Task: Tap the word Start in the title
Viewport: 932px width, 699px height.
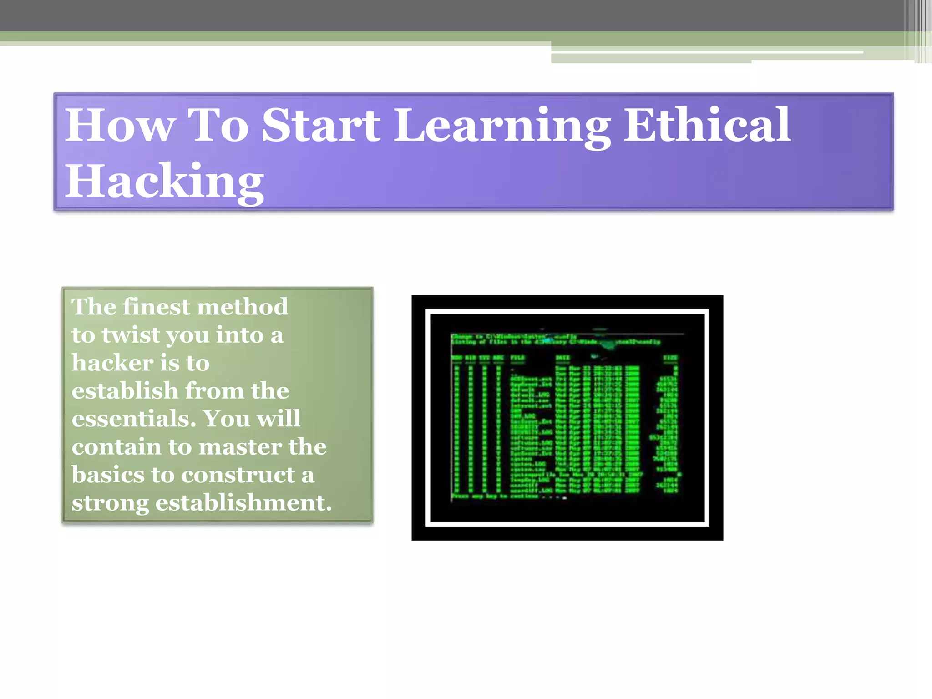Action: (321, 125)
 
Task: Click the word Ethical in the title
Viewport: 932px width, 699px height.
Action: (707, 125)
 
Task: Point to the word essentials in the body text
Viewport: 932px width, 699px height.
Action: (134, 419)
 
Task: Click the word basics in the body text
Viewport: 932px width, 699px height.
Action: (108, 475)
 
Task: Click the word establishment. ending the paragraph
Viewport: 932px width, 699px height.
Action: (243, 503)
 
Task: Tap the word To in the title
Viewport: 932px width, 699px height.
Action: (218, 125)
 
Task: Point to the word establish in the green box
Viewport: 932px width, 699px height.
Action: (125, 391)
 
